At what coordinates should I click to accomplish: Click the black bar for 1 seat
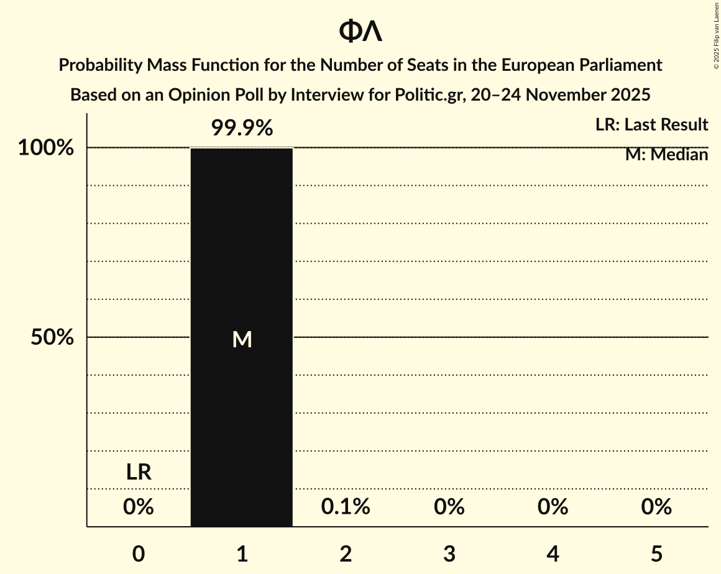[x=242, y=404]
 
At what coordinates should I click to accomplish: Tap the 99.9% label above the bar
[x=242, y=129]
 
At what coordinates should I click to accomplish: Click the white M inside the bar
[x=242, y=339]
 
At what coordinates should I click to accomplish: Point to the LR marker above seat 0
[x=139, y=473]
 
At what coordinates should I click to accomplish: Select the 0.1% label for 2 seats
[x=346, y=508]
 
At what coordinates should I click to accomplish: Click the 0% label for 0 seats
[x=139, y=508]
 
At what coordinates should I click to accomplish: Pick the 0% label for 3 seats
[x=449, y=508]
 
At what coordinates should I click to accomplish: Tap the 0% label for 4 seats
[x=553, y=508]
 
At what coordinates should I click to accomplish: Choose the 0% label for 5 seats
[x=657, y=508]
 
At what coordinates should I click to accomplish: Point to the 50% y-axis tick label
[x=53, y=338]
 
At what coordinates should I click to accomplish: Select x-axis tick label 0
[x=139, y=553]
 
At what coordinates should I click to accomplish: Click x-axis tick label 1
[x=242, y=553]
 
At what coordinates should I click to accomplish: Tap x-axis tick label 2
[x=346, y=553]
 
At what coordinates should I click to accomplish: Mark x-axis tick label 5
[x=657, y=553]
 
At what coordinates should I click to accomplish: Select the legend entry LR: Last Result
[x=651, y=125]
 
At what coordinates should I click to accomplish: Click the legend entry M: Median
[x=666, y=155]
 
